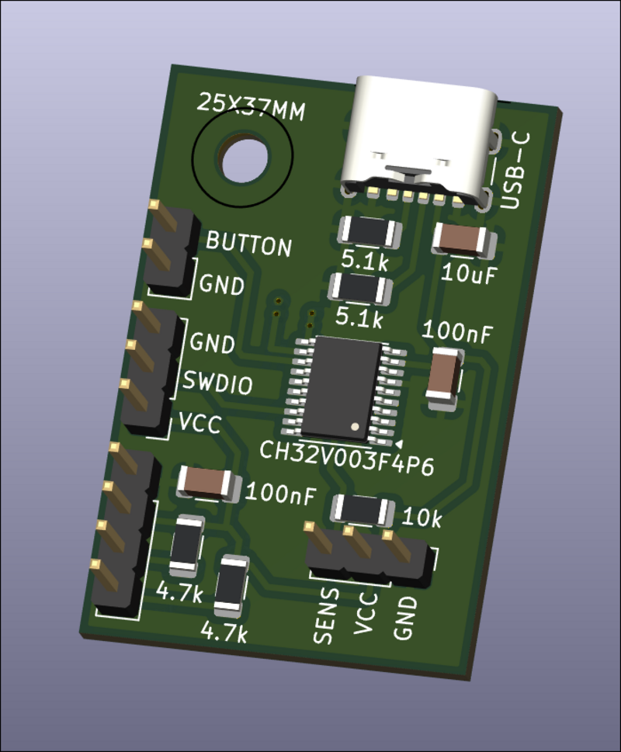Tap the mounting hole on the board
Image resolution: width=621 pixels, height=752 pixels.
(244, 158)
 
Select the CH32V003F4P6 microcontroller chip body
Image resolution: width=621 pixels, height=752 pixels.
(342, 387)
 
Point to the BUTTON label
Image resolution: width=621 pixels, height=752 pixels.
(248, 244)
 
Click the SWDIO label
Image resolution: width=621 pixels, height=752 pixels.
(217, 383)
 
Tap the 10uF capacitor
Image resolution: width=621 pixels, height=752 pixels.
(463, 240)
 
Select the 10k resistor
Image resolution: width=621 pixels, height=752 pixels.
(363, 510)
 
